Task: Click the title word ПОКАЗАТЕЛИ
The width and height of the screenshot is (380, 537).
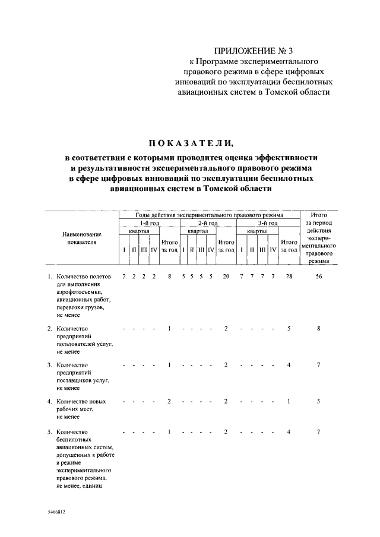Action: click(191, 143)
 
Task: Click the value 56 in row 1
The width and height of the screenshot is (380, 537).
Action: click(319, 277)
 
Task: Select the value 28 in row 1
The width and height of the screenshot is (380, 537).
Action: click(289, 277)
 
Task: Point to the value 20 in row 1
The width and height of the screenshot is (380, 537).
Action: click(226, 277)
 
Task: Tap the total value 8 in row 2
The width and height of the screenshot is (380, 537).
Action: click(319, 328)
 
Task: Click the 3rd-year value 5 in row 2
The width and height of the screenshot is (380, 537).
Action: click(289, 328)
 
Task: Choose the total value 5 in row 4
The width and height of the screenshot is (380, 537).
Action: click(319, 402)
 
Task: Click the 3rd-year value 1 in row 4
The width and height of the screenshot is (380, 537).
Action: click(289, 402)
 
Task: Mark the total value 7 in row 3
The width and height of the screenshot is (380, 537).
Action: click(319, 364)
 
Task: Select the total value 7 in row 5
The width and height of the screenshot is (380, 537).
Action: click(319, 431)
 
